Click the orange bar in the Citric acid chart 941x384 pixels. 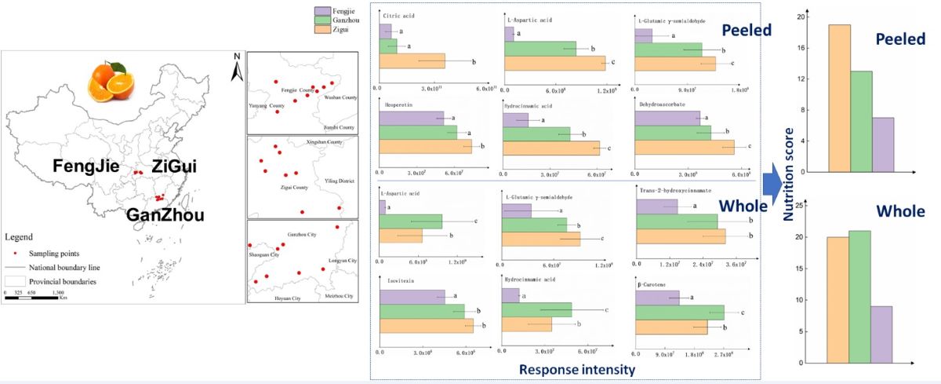[x=412, y=60]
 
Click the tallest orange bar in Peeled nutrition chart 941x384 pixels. [x=839, y=98]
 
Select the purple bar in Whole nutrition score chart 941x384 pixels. [x=882, y=334]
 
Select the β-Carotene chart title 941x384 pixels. [x=656, y=283]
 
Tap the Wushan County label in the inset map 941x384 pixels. [x=340, y=97]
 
